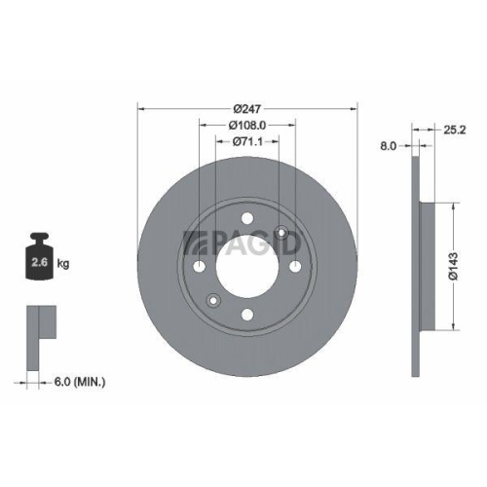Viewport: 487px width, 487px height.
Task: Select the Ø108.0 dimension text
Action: [247, 125]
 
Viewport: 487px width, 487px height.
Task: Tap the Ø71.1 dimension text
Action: [247, 142]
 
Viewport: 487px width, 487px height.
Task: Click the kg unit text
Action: [63, 264]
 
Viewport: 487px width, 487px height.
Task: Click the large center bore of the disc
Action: [246, 266]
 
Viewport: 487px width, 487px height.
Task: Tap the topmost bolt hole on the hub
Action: [246, 220]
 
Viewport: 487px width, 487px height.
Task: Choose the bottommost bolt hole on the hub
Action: [246, 313]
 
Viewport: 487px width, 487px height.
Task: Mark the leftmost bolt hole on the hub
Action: [200, 266]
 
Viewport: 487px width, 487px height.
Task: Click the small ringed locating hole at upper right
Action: [282, 232]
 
